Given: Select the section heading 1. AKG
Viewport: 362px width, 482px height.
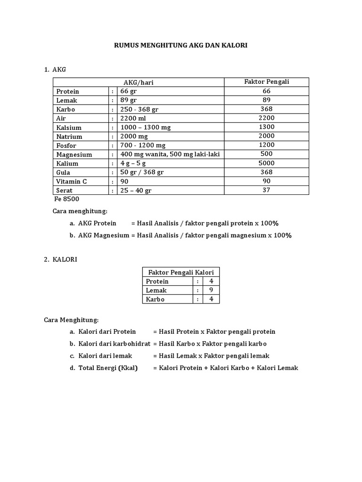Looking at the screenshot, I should tap(55, 69).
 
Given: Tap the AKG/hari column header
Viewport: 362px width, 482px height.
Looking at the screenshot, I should tap(139, 82).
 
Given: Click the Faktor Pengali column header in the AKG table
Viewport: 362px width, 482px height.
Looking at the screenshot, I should tap(266, 82).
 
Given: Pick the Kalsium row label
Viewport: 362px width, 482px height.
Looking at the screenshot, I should tap(69, 128).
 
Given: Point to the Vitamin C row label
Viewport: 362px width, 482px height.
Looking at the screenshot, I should tap(72, 181).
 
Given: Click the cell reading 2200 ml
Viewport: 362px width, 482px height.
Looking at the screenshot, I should tap(133, 118).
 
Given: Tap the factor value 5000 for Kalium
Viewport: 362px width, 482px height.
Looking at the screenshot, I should tap(266, 163).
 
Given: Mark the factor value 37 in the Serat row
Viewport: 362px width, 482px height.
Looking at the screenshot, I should tap(266, 190).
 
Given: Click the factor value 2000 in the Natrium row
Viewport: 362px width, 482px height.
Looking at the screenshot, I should tap(266, 136).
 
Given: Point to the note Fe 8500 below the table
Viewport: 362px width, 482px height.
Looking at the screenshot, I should tap(66, 199).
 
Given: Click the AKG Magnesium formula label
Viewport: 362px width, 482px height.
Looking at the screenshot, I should tap(103, 235).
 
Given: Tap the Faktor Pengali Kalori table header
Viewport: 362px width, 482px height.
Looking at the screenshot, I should tap(181, 273).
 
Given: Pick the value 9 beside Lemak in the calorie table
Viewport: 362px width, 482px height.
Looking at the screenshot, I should tap(211, 290).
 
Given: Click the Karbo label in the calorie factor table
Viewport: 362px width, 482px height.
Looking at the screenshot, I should tap(155, 299).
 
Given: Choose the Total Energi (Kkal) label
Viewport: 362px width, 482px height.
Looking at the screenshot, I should tap(107, 368).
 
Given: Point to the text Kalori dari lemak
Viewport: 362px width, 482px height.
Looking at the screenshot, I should tap(105, 356).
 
